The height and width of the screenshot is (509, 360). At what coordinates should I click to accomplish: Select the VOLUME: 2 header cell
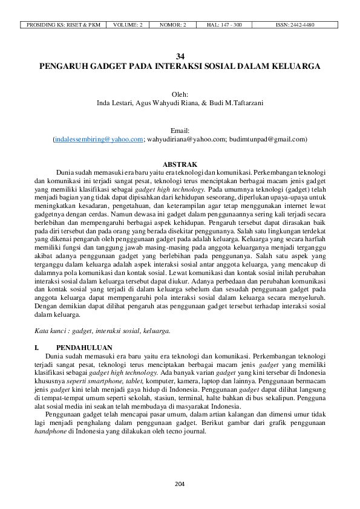[128, 25]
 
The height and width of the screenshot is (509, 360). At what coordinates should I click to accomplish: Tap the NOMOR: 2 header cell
[173, 25]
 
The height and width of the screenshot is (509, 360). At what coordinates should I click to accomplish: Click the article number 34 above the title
[180, 56]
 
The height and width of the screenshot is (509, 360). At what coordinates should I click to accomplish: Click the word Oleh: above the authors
[180, 94]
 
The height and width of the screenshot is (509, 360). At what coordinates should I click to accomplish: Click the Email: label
[180, 131]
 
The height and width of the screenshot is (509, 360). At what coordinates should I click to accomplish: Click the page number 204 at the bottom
[180, 484]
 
